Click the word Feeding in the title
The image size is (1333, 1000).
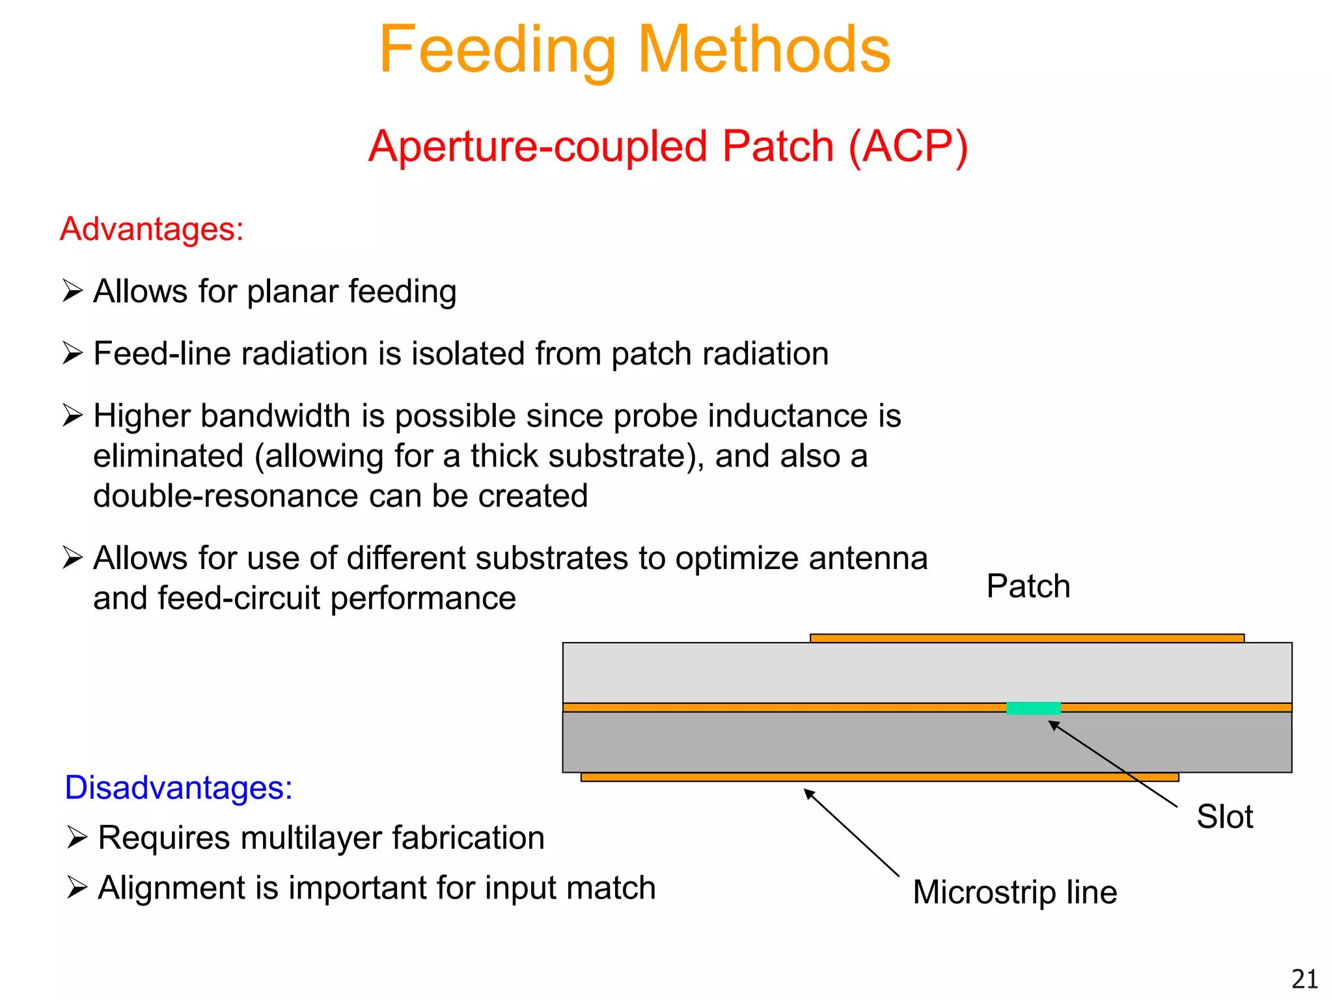pyautogui.click(x=497, y=51)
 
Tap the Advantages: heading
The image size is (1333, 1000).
pyautogui.click(x=152, y=229)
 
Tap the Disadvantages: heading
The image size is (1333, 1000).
pyautogui.click(x=178, y=788)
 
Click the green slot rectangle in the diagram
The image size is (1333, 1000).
pyautogui.click(x=1033, y=708)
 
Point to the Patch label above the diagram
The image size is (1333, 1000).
pyautogui.click(x=1028, y=586)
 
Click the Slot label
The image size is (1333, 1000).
pyautogui.click(x=1224, y=816)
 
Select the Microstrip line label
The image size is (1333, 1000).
pyautogui.click(x=1015, y=892)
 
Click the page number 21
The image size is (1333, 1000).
pyautogui.click(x=1304, y=979)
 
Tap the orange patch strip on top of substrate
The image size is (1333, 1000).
pyautogui.click(x=1026, y=639)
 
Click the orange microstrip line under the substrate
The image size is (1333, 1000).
pyautogui.click(x=879, y=777)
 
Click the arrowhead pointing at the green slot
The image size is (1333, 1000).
pyautogui.click(x=1054, y=725)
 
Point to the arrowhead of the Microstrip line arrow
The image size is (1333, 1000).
pyautogui.click(x=809, y=794)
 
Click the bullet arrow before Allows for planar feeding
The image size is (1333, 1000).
pyautogui.click(x=72, y=290)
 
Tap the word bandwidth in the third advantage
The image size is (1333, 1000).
pyautogui.click(x=276, y=416)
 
